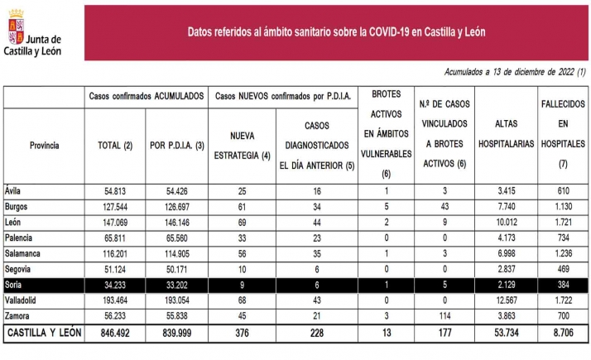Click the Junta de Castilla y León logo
click(33, 33)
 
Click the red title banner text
click(336, 32)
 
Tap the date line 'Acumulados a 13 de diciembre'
click(514, 73)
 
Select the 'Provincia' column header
click(44, 145)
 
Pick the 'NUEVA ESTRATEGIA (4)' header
click(238, 144)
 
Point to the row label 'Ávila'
click(13, 190)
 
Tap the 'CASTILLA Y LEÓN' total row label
click(44, 334)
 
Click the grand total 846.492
click(114, 334)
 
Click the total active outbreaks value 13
click(386, 334)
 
